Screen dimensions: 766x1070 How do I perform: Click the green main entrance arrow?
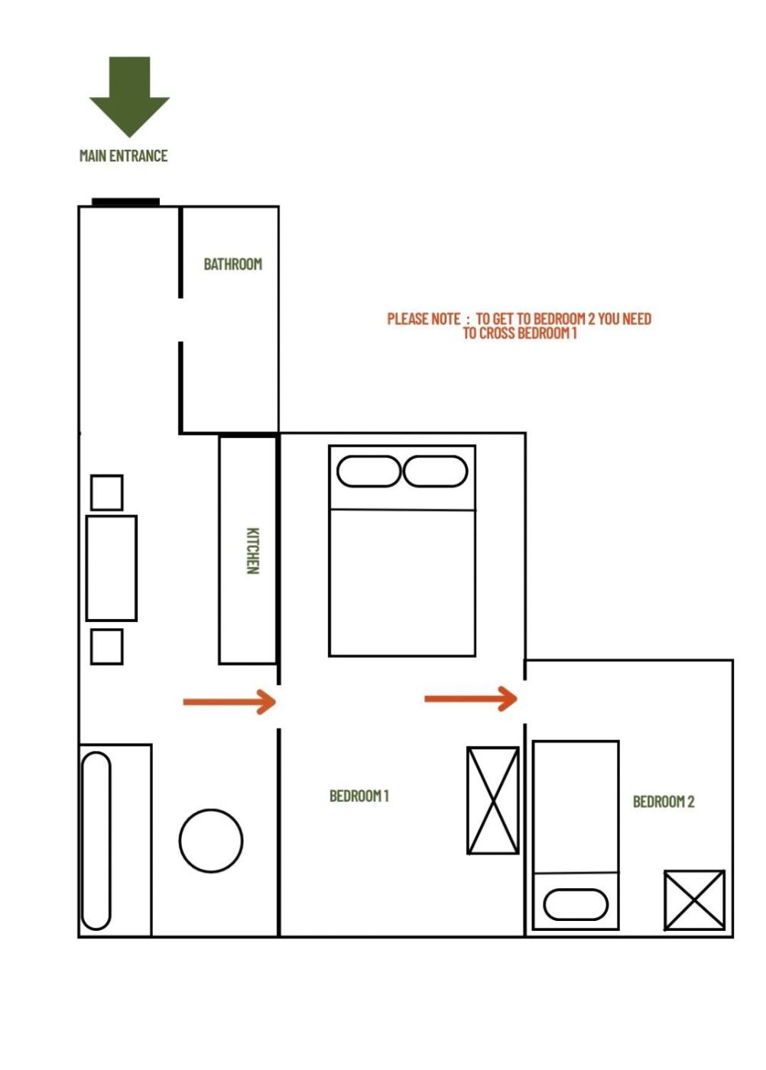click(129, 96)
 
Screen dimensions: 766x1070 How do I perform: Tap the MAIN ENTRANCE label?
click(123, 156)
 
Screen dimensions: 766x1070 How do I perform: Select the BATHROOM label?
click(232, 264)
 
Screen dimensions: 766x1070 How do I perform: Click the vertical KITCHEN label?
click(252, 550)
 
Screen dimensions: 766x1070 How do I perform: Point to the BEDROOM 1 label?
click(359, 796)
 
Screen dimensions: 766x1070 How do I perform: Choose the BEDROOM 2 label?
click(664, 801)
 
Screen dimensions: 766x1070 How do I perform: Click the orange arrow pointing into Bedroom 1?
click(229, 702)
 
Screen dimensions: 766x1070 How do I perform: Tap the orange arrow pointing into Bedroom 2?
click(471, 699)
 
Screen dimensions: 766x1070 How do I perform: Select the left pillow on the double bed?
click(368, 471)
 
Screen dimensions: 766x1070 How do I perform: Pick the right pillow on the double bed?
click(435, 471)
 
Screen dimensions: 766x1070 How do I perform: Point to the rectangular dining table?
click(112, 568)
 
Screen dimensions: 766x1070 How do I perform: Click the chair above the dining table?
click(106, 492)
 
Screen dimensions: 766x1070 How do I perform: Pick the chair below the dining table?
click(106, 647)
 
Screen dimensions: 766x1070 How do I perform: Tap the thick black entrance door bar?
click(125, 202)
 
